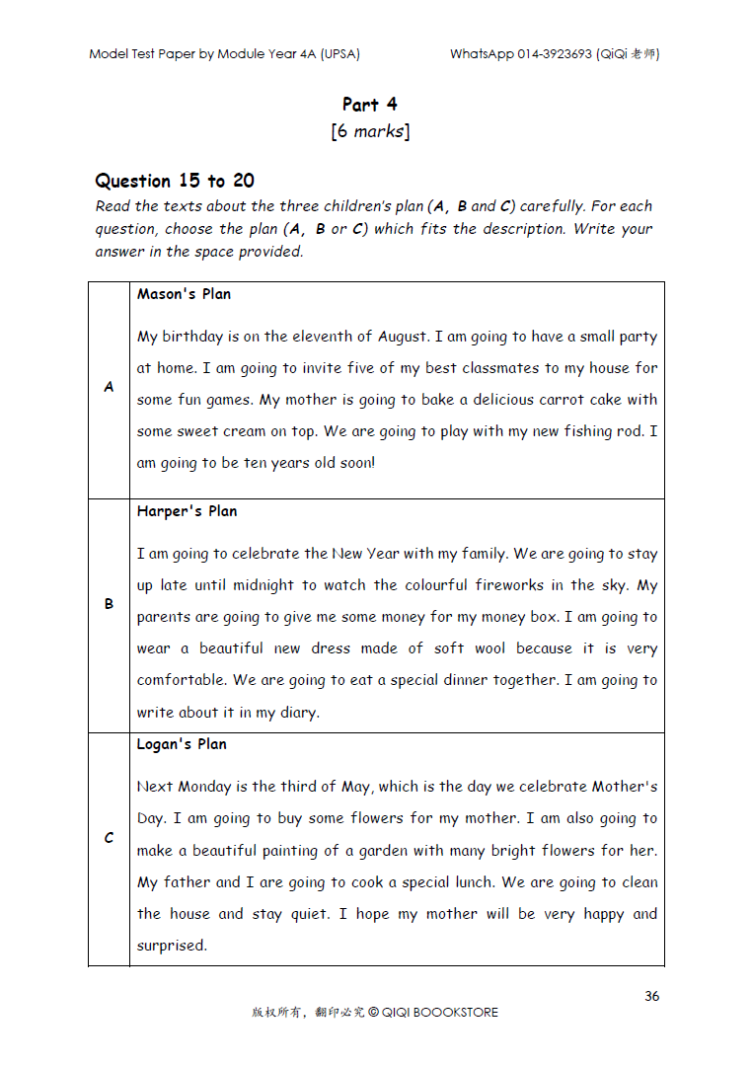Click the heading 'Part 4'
pyautogui.click(x=370, y=104)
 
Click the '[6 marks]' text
pyautogui.click(x=370, y=131)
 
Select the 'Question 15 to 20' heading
pyautogui.click(x=174, y=181)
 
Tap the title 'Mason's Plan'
pyautogui.click(x=184, y=294)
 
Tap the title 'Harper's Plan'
pyautogui.click(x=187, y=511)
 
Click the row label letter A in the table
pyautogui.click(x=109, y=388)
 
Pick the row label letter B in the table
pyautogui.click(x=109, y=604)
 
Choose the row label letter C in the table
pyautogui.click(x=109, y=838)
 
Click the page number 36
pyautogui.click(x=651, y=996)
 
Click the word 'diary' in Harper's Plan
pyautogui.click(x=298, y=713)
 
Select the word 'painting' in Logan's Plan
pyautogui.click(x=289, y=851)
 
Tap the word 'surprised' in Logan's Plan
pyautogui.click(x=171, y=946)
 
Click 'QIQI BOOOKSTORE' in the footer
pyautogui.click(x=439, y=1013)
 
